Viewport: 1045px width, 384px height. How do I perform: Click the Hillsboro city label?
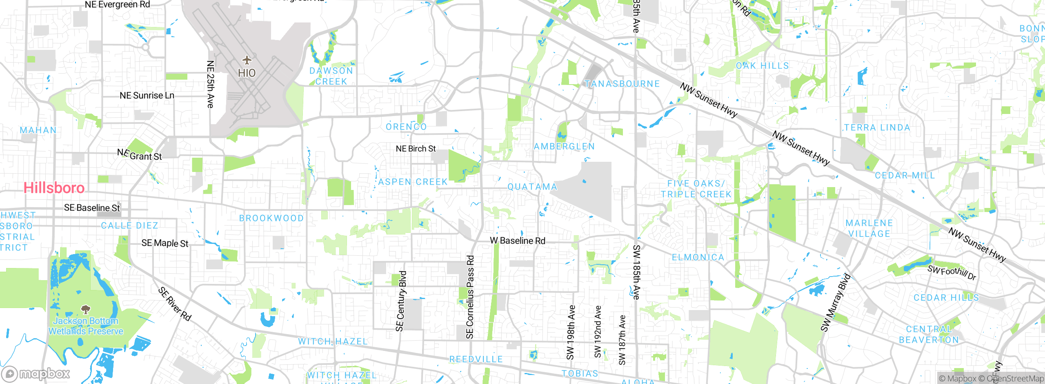pos(54,188)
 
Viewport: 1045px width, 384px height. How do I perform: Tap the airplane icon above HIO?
pos(247,60)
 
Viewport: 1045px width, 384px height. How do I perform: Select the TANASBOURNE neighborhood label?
pos(622,84)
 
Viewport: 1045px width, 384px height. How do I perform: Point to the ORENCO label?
pos(406,127)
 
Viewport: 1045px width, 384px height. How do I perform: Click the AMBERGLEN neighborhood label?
pos(564,146)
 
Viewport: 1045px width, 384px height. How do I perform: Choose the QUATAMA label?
pos(532,187)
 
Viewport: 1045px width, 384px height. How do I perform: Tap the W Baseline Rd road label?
pos(517,241)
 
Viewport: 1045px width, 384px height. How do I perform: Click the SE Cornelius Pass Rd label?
pos(470,297)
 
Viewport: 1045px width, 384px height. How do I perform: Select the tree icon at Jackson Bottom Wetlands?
pos(85,309)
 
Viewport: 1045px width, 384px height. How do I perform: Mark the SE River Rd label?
pos(175,304)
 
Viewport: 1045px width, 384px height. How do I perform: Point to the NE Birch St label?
pos(416,149)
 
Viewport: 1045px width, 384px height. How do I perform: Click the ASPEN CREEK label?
pos(413,182)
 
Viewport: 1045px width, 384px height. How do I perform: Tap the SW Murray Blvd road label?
pos(836,302)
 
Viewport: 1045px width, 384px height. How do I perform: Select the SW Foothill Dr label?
pos(952,272)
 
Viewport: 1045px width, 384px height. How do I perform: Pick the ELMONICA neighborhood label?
pos(698,257)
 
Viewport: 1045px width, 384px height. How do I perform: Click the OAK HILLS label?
pos(762,66)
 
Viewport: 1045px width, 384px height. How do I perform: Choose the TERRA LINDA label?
pos(877,127)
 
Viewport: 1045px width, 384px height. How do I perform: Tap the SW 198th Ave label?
pos(571,332)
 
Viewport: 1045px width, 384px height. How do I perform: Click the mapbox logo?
pos(36,373)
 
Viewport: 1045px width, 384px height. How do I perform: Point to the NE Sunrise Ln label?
pos(147,96)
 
